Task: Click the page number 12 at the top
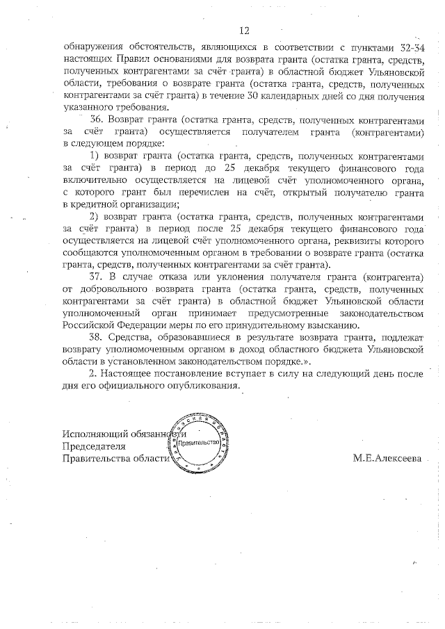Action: (243, 31)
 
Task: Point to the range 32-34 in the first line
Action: (412, 47)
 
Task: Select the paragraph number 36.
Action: (97, 119)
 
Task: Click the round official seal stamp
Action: (197, 442)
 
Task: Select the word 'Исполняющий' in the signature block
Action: (92, 433)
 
